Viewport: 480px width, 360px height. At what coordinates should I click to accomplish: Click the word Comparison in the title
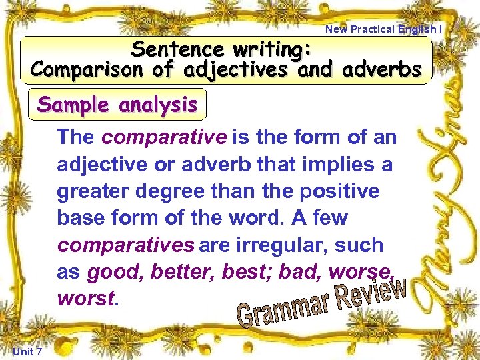click(x=79, y=69)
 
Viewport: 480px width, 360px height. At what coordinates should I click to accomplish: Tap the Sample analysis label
click(x=117, y=105)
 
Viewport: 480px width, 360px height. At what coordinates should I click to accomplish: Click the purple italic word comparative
click(x=164, y=138)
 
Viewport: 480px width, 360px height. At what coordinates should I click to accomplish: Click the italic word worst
click(x=86, y=298)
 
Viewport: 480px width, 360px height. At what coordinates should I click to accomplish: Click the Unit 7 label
click(x=27, y=351)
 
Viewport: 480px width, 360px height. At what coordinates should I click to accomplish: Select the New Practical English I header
click(x=383, y=29)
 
